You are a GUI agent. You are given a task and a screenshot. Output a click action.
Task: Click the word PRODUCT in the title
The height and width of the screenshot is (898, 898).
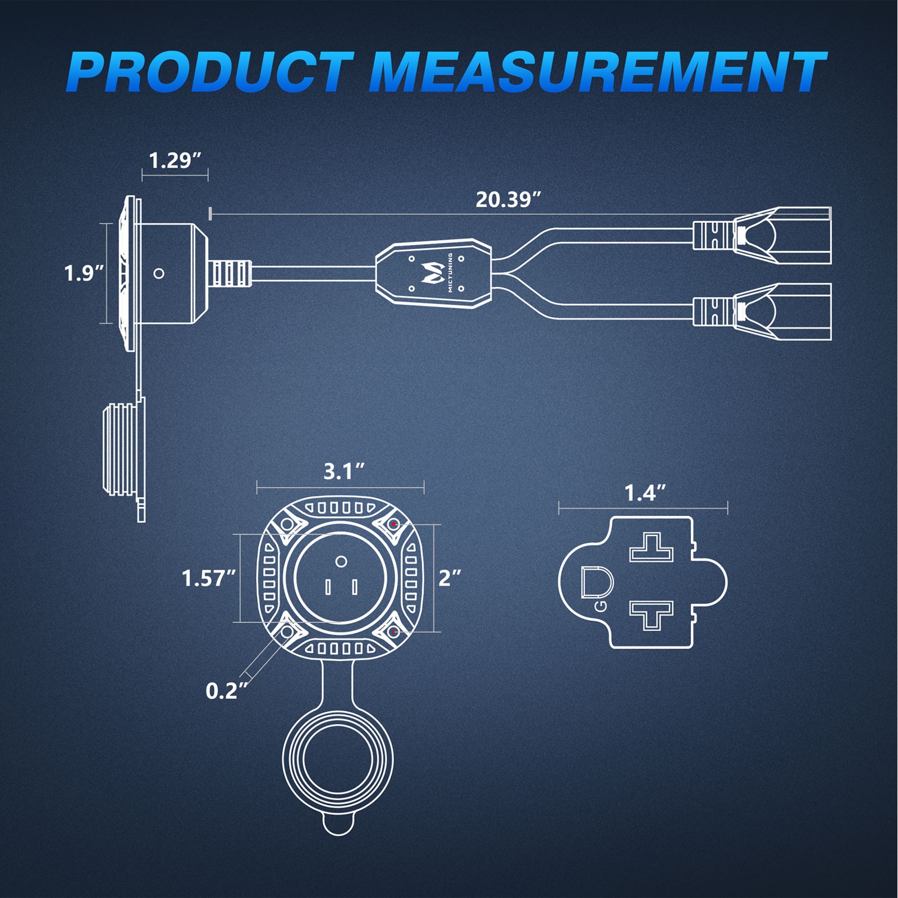[210, 71]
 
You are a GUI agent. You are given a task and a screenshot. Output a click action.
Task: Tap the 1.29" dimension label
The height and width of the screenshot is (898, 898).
[175, 161]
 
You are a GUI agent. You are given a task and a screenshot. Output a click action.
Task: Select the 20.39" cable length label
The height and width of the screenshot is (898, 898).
[509, 199]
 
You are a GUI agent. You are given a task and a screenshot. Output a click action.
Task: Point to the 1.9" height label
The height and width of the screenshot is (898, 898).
[84, 273]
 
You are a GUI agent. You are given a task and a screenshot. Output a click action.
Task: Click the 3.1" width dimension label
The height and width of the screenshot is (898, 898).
[344, 471]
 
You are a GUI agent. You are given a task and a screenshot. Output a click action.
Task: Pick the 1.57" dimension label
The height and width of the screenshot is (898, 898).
[209, 578]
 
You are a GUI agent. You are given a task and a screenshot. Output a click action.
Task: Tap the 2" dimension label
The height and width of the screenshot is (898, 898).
[450, 578]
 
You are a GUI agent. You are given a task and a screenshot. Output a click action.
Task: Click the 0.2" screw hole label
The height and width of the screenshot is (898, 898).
[227, 691]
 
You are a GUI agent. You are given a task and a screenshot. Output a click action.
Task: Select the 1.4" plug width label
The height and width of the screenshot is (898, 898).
[645, 493]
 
